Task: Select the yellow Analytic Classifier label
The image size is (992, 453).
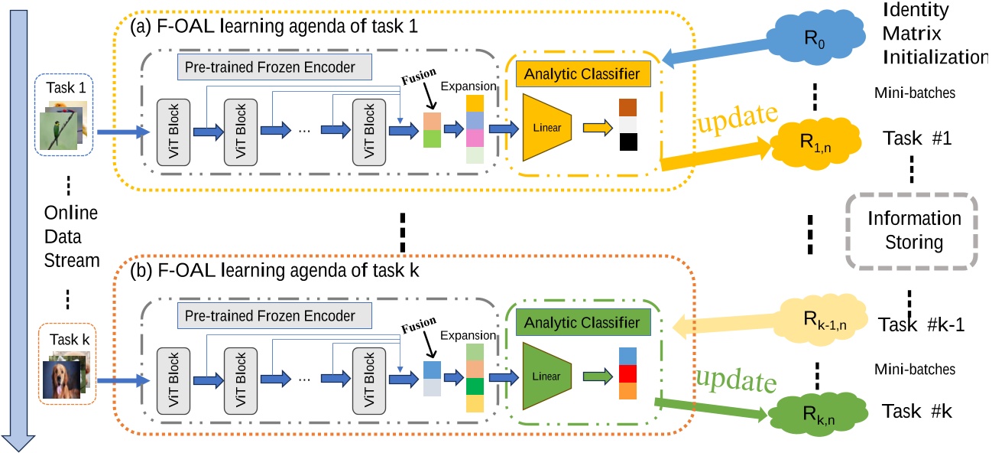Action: (x=580, y=74)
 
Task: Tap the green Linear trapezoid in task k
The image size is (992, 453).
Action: (x=548, y=376)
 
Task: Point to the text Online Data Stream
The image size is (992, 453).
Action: (x=70, y=237)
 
